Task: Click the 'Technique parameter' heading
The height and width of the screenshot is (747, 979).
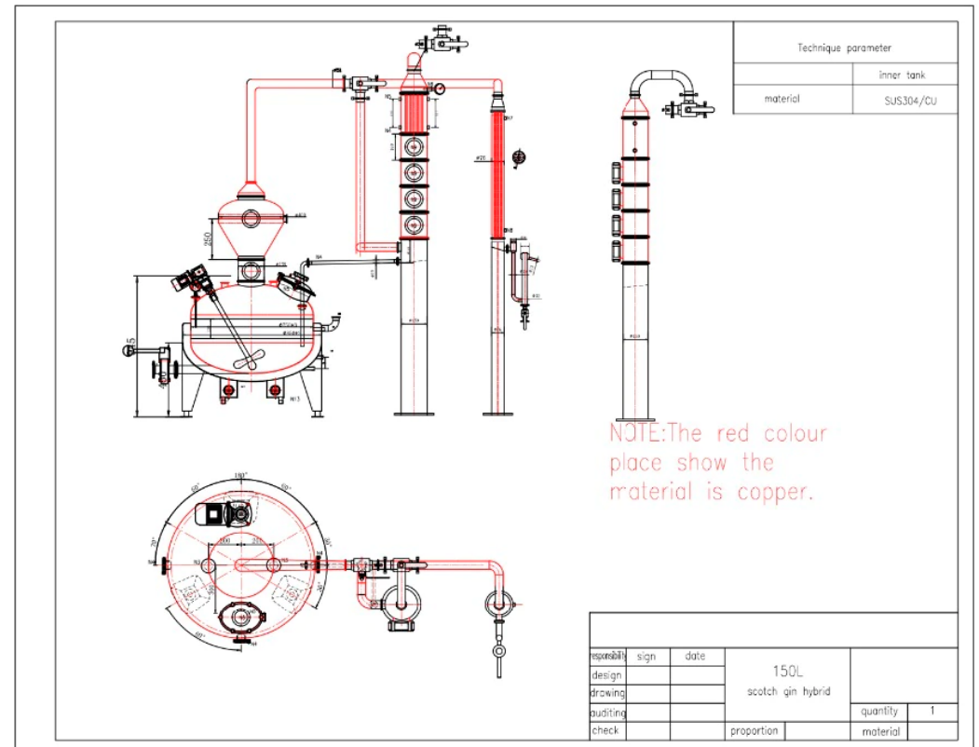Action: pyautogui.click(x=844, y=48)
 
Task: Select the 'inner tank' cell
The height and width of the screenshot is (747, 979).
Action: pyautogui.click(x=903, y=75)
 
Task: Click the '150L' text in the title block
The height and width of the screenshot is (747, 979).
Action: pyautogui.click(x=787, y=670)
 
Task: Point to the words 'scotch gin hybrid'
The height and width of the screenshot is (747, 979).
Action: pyautogui.click(x=787, y=691)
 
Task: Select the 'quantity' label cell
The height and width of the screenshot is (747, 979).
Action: pyautogui.click(x=879, y=711)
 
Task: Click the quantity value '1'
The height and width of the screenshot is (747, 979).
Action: pyautogui.click(x=932, y=711)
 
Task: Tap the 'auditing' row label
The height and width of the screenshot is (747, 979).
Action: pyautogui.click(x=607, y=713)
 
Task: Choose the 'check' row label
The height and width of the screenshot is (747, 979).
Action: pyautogui.click(x=605, y=730)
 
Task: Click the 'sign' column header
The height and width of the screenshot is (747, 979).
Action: pyautogui.click(x=646, y=657)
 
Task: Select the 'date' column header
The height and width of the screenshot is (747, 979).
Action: pyautogui.click(x=695, y=657)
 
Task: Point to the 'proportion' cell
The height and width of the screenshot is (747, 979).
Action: pyautogui.click(x=754, y=731)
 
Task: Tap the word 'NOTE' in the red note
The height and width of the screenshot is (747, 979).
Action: pyautogui.click(x=636, y=434)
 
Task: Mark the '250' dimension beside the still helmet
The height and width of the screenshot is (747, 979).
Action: pyautogui.click(x=209, y=239)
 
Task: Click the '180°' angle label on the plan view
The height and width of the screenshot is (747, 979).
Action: pyautogui.click(x=239, y=476)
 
